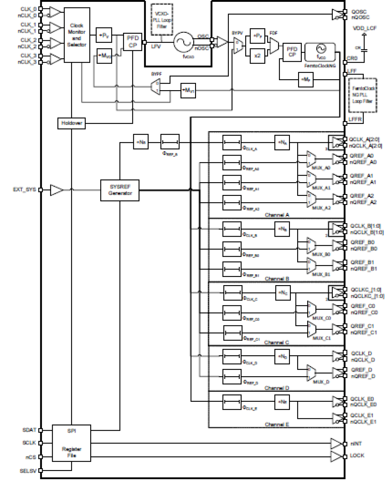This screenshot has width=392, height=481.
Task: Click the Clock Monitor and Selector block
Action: coord(77,35)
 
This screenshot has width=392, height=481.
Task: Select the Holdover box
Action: coord(71,123)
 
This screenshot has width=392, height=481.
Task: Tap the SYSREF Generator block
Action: coord(120,190)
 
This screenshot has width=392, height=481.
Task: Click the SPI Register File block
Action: coord(71,443)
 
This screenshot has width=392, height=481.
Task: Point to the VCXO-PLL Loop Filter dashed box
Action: coord(162,20)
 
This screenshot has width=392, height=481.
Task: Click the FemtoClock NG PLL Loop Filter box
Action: coord(362,95)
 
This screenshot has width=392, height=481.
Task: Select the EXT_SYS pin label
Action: coord(24,190)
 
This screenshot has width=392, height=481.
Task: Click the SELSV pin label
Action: coord(28,471)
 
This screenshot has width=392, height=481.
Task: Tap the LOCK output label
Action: coord(357,456)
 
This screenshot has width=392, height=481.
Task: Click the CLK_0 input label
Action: coord(28,9)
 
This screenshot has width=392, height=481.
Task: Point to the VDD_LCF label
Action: coord(365,28)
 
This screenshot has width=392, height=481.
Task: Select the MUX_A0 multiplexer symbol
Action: coord(311,159)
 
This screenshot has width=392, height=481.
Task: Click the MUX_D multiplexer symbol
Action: coord(311,373)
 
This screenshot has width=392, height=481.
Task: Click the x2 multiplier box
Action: coord(257,56)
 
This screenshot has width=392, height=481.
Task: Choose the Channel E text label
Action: coord(277,424)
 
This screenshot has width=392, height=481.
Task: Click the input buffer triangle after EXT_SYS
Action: coord(56,190)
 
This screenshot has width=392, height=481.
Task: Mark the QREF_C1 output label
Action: coord(362,326)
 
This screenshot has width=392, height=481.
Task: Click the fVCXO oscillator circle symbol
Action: coord(184,42)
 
